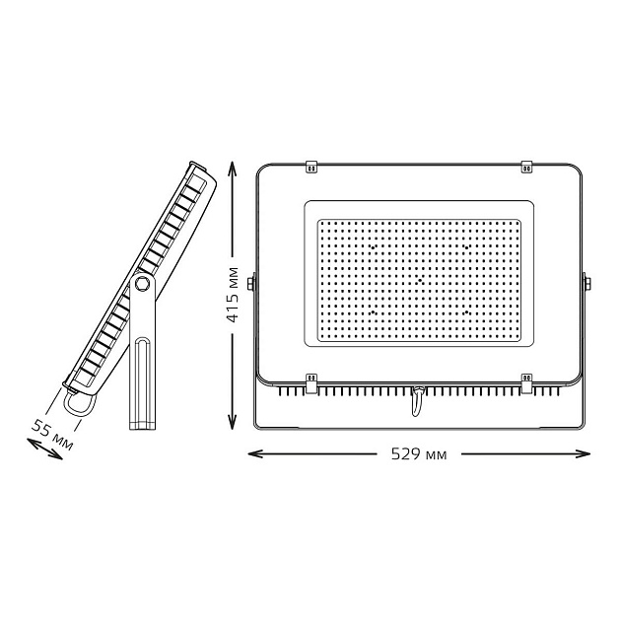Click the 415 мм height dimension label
tap(232, 296)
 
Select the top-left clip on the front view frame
tap(311, 167)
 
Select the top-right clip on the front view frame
tap(525, 167)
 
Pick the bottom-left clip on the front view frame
tap(311, 380)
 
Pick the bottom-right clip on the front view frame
tap(525, 380)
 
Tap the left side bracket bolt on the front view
tap(252, 284)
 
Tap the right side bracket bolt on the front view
tap(586, 284)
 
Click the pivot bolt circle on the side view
tap(143, 285)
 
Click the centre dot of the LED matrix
tap(419, 281)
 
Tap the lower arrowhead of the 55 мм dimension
tap(28, 446)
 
